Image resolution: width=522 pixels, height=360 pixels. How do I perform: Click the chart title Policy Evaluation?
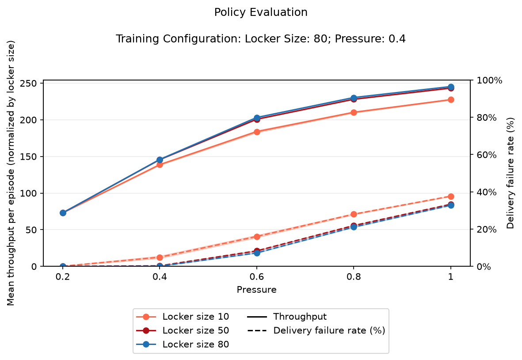tap(261, 12)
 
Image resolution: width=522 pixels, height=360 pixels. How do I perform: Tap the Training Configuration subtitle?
tap(261, 39)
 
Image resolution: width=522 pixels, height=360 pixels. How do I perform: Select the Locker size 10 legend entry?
tap(183, 317)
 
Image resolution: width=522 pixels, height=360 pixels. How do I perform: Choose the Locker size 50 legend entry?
tap(183, 330)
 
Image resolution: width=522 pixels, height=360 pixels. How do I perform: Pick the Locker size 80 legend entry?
tap(183, 345)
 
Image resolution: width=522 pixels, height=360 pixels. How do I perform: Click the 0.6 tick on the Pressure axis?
tap(257, 277)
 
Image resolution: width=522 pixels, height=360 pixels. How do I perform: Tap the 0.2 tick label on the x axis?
tap(63, 277)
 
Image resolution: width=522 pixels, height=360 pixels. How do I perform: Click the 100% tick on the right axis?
tap(489, 80)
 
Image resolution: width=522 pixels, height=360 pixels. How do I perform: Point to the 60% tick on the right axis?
tap(486, 155)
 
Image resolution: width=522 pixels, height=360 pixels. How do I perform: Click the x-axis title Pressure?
tap(257, 290)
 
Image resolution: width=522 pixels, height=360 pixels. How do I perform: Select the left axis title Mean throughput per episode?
tap(11, 173)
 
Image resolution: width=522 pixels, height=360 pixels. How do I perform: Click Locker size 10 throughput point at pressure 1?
tap(451, 100)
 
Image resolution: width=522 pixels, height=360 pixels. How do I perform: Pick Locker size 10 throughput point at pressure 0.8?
tap(354, 113)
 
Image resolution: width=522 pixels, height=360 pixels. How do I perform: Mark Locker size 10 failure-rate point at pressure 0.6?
tap(257, 237)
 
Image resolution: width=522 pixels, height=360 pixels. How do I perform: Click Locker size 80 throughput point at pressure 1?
tap(451, 87)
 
